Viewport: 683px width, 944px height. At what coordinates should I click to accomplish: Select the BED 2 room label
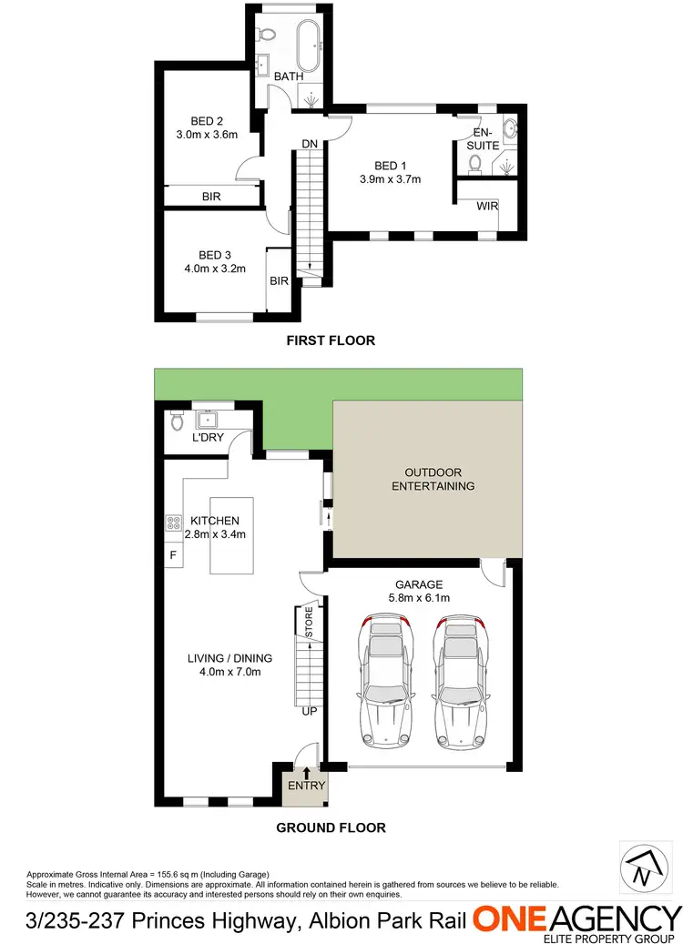(207, 121)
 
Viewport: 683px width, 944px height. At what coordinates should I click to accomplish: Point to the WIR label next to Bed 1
(486, 207)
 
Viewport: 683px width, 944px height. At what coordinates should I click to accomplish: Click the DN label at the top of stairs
(309, 145)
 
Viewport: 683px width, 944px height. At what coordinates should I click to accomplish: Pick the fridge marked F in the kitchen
(171, 554)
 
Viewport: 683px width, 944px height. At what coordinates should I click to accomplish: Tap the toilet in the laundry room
(178, 421)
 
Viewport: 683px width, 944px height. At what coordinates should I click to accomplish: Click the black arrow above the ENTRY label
(306, 774)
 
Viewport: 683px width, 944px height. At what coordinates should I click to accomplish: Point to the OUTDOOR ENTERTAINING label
(433, 479)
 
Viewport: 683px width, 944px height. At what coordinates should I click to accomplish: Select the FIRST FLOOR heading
(331, 340)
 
